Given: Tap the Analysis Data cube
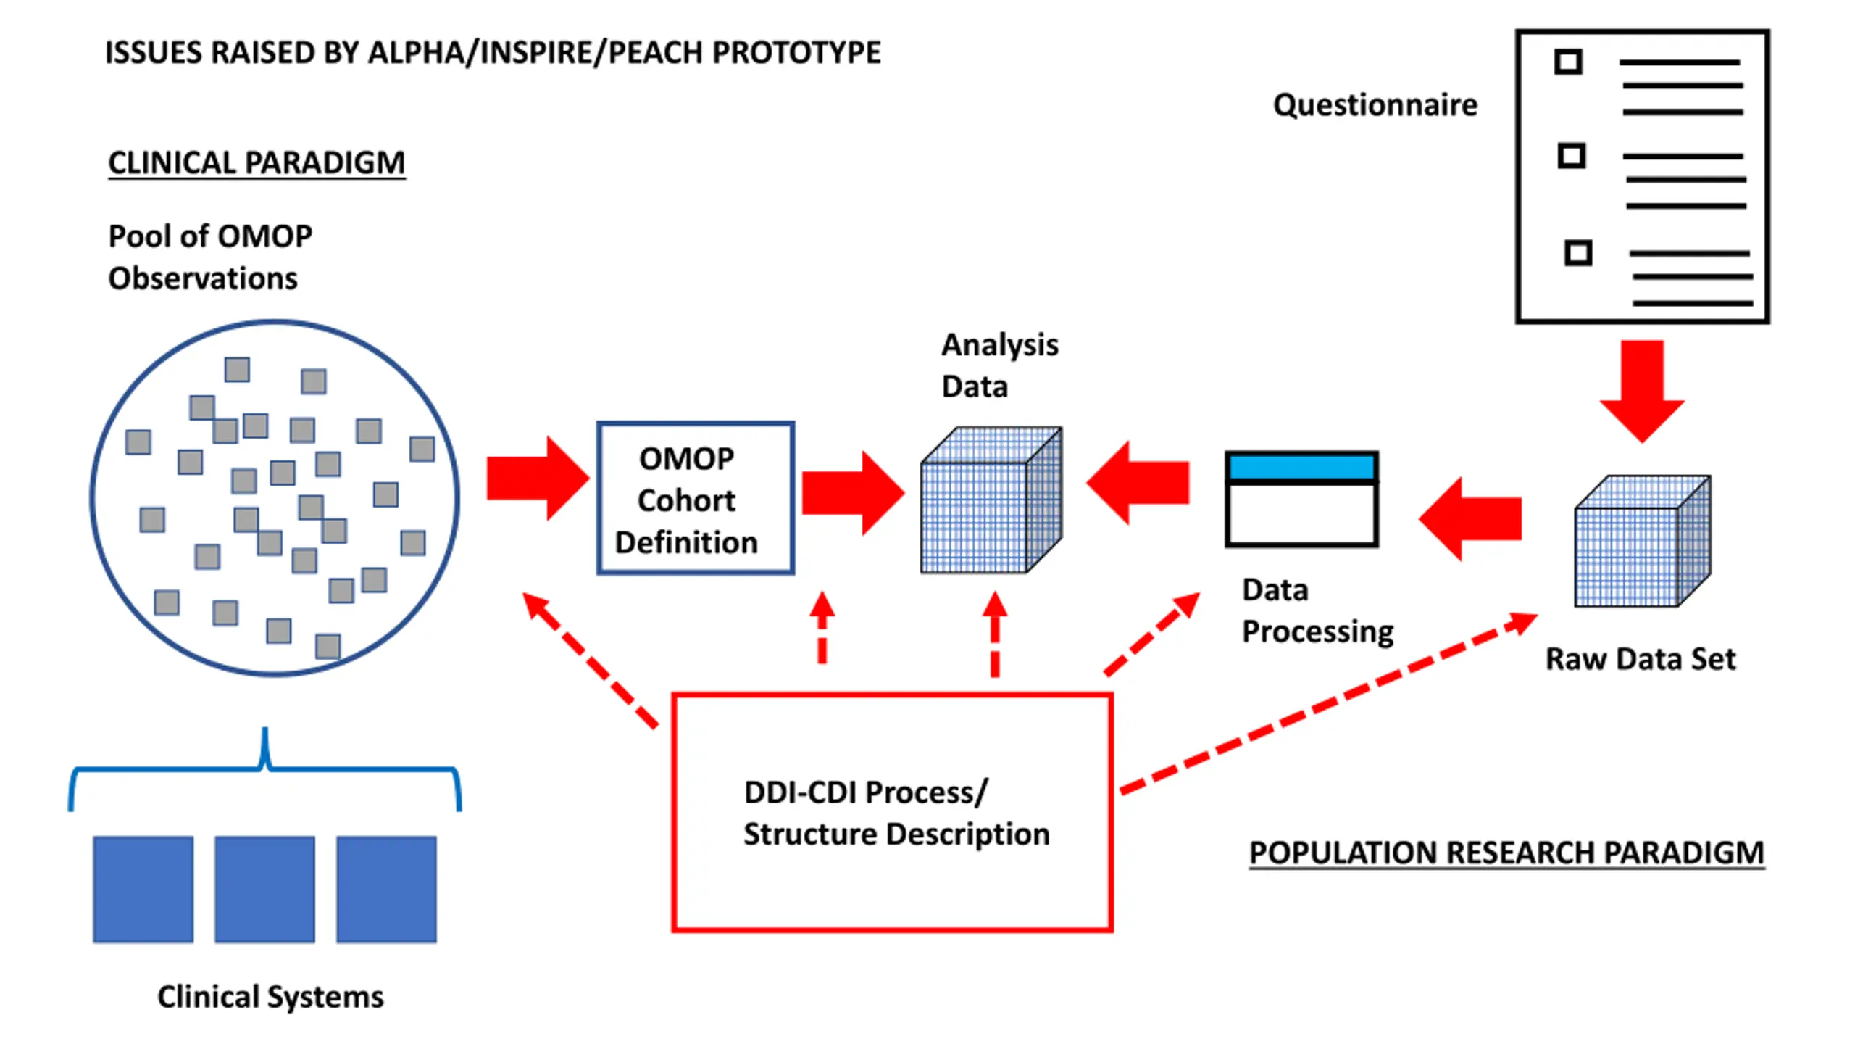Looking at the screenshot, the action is (991, 500).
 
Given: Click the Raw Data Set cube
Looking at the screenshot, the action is (1643, 541).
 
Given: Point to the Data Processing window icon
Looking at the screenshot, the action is (1302, 499).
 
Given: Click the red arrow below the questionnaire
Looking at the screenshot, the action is (1642, 391).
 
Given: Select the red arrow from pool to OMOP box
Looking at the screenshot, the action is (538, 478).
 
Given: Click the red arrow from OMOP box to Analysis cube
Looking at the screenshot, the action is (854, 493).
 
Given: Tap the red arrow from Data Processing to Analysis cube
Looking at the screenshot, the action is (1138, 482).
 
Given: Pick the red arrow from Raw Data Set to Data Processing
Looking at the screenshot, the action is (1470, 519).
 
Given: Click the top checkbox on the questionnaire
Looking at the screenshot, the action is (1568, 62).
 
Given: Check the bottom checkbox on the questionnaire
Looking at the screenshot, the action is (1578, 252).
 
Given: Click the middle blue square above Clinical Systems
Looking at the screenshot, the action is (264, 890).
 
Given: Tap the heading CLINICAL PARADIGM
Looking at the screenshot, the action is (257, 162).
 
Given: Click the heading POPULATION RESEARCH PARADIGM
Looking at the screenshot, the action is (1507, 853).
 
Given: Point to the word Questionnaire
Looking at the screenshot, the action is (1375, 105).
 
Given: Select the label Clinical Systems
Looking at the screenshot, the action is (270, 997).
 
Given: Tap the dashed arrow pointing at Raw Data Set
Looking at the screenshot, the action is (1330, 703).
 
